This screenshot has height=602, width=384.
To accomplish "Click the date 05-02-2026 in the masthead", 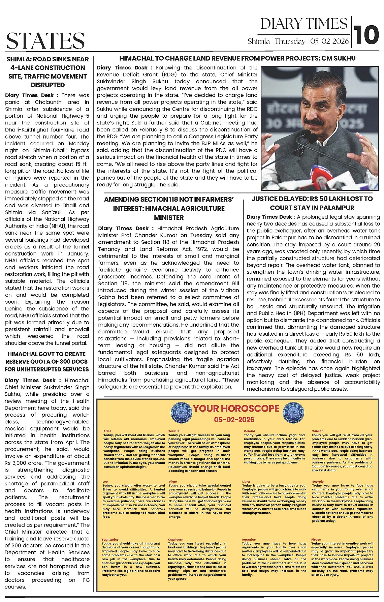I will [329, 41].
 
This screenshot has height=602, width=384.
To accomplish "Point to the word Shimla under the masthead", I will [259, 41].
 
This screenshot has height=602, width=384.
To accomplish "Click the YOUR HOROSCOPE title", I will [236, 409].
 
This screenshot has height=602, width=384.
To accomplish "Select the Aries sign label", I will [107, 431].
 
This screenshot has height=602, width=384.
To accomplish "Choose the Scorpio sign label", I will [318, 482].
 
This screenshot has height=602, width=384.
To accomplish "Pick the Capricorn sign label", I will [175, 540].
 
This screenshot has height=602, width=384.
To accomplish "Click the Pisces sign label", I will [316, 540].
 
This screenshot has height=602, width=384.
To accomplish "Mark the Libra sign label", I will [246, 482].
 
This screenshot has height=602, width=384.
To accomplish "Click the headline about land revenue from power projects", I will [237, 58].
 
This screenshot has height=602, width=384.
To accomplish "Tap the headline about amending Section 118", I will [169, 208].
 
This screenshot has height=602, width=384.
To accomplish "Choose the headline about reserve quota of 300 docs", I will [47, 362].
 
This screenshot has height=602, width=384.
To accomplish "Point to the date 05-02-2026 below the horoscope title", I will [234, 420].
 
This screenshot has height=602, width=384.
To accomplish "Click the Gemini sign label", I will [249, 431].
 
